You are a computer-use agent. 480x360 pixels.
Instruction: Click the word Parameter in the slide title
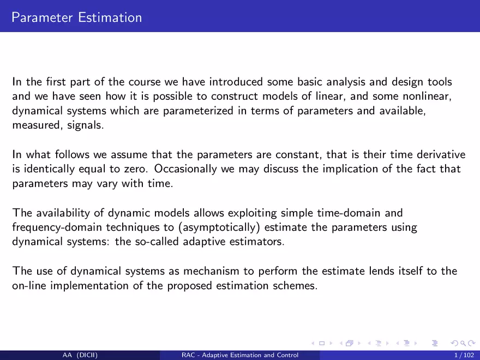point(42,17)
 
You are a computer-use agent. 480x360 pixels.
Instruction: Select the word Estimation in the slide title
point(110,17)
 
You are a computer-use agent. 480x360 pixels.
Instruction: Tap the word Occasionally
point(185,169)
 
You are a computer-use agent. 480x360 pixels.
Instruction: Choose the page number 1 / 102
point(464,355)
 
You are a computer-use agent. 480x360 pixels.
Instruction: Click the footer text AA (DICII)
point(80,355)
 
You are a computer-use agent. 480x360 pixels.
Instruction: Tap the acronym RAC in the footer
point(188,355)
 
